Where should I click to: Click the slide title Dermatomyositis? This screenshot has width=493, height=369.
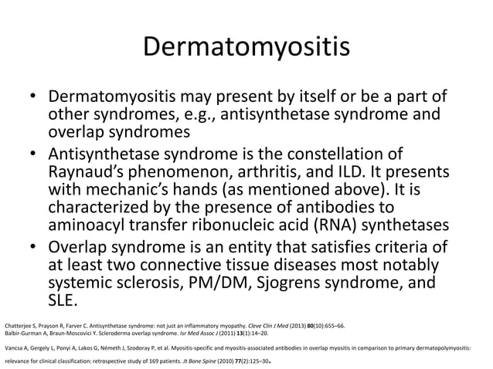pyautogui.click(x=246, y=46)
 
